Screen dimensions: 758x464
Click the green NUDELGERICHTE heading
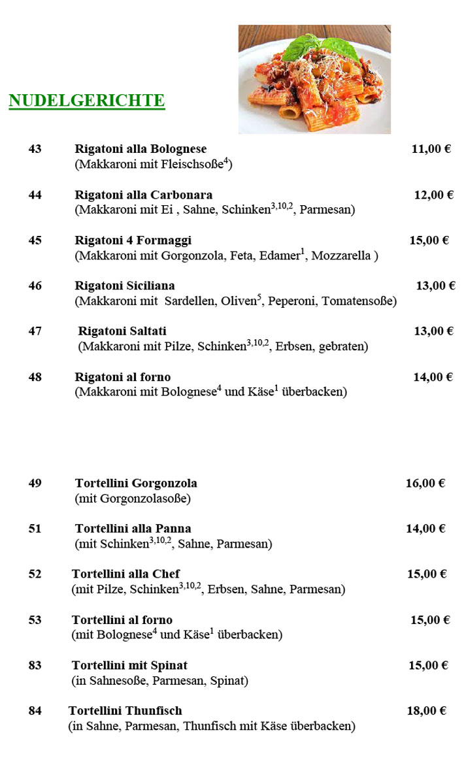point(86,101)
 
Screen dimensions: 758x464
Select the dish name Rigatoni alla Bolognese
point(141,149)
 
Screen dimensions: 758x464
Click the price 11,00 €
point(431,149)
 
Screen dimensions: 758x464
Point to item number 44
point(35,195)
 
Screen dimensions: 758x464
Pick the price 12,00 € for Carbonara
point(433,195)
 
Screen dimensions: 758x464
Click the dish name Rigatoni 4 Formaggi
point(133,240)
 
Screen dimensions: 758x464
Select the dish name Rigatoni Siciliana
point(125,286)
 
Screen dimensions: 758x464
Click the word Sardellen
point(190,301)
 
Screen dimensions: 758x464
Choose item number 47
point(35,331)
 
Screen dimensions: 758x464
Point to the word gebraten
point(343,347)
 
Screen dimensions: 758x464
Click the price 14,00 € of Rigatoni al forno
point(433,377)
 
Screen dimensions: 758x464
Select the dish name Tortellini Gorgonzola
point(136,484)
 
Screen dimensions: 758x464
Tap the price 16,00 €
point(425,484)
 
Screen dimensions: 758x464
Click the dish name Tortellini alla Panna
point(133,529)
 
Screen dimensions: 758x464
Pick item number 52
point(35,574)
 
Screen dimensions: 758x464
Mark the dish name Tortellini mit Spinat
point(129,665)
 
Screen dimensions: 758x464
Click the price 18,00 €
point(426,711)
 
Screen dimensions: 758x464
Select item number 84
point(35,711)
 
